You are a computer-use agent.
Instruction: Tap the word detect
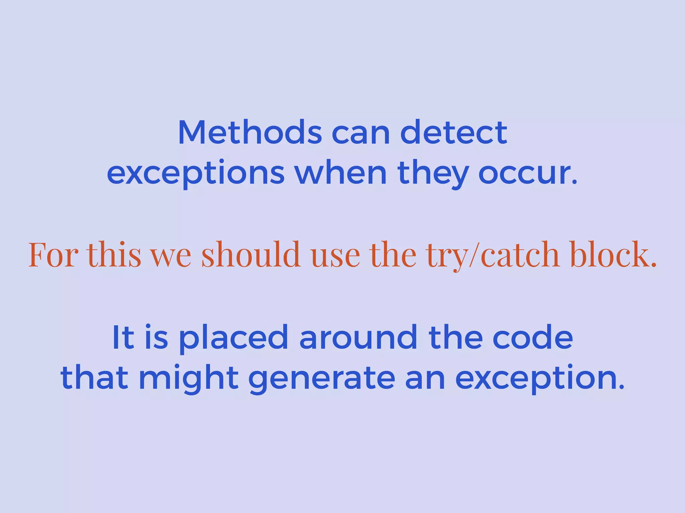click(454, 133)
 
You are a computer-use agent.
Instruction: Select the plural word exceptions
click(196, 174)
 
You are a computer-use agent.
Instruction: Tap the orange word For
click(54, 255)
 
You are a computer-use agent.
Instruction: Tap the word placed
click(233, 338)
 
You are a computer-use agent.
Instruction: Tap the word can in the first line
click(361, 133)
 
